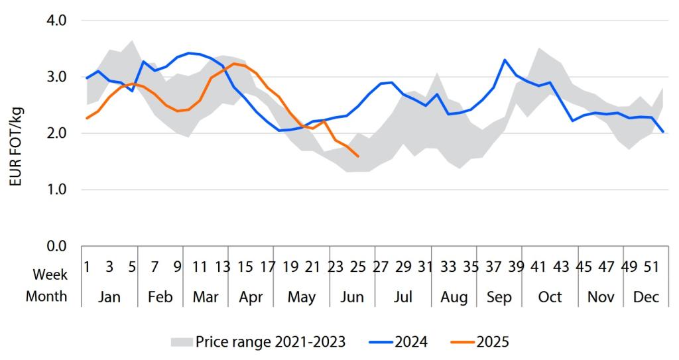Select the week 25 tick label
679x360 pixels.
(358, 267)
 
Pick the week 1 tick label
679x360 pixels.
(87, 267)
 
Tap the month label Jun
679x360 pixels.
(352, 297)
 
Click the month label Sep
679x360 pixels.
(499, 297)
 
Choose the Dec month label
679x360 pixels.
(647, 297)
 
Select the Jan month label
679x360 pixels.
(109, 297)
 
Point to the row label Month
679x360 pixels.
(46, 296)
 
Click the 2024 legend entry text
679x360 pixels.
(412, 342)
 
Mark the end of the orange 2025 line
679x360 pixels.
(358, 156)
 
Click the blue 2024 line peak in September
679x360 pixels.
(505, 60)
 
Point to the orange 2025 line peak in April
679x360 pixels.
(234, 64)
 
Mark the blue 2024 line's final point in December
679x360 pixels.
(664, 131)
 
